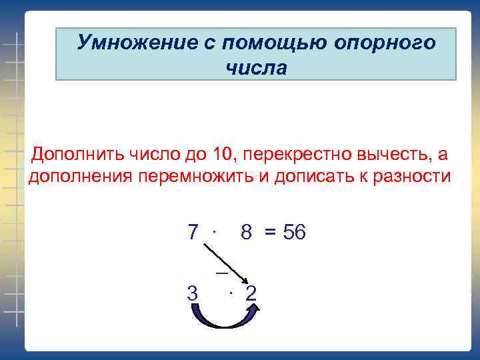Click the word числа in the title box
point(256,68)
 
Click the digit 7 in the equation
point(193,232)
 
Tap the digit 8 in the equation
point(247,232)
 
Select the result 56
point(294,232)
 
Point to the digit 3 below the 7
point(192,293)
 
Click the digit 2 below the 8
point(251,293)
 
